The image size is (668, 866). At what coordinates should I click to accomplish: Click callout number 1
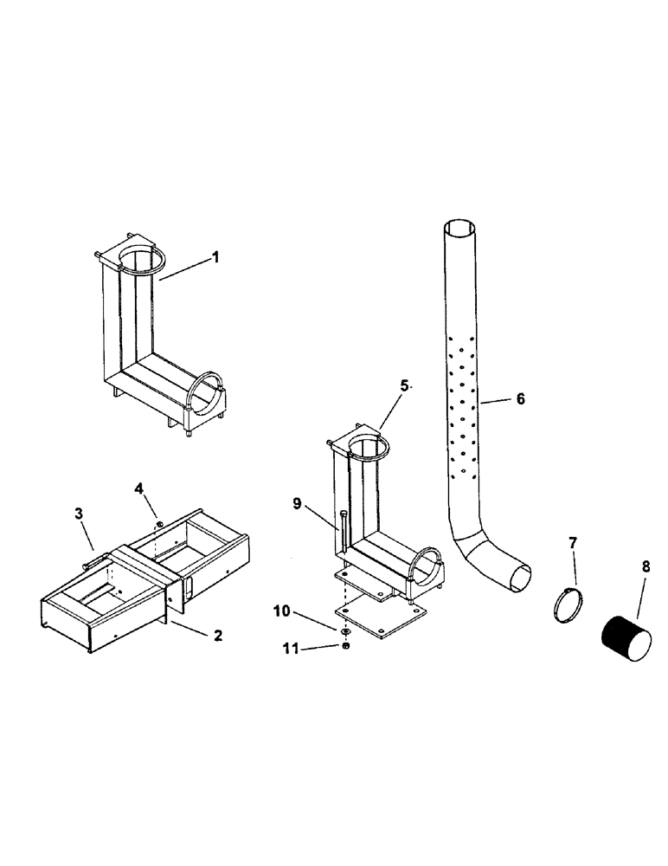click(x=215, y=257)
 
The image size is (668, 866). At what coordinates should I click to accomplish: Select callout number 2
click(x=217, y=635)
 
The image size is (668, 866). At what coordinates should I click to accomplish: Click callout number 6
click(x=519, y=399)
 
